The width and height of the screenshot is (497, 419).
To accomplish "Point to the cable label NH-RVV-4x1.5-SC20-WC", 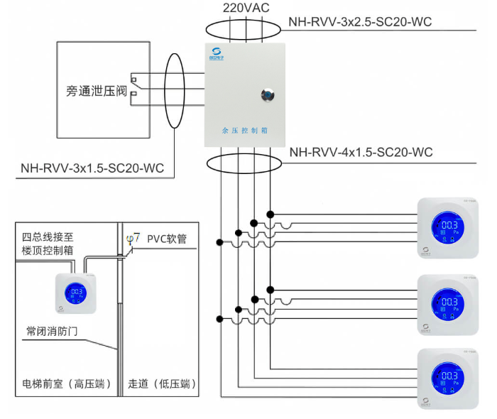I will [361, 153].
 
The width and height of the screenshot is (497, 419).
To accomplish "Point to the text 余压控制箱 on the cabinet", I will [244, 131].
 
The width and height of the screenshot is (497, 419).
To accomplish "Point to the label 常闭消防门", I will [54, 332].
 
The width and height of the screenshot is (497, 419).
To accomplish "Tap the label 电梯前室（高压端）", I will [63, 385].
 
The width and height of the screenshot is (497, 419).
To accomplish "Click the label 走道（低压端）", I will [163, 385].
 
